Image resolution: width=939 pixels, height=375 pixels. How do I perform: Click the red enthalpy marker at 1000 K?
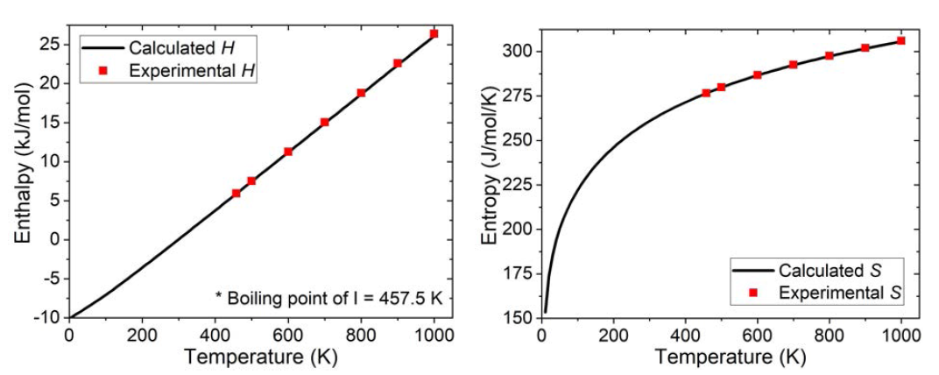click(434, 34)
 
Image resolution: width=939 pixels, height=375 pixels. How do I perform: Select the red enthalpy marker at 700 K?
click(324, 123)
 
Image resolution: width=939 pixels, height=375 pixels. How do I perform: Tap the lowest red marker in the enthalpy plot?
click(237, 193)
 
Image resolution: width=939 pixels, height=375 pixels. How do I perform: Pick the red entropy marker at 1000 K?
click(900, 40)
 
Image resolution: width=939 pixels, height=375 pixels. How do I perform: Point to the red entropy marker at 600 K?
click(757, 75)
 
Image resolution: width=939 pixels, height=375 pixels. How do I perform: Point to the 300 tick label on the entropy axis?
click(519, 51)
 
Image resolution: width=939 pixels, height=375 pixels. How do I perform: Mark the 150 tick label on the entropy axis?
click(519, 317)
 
